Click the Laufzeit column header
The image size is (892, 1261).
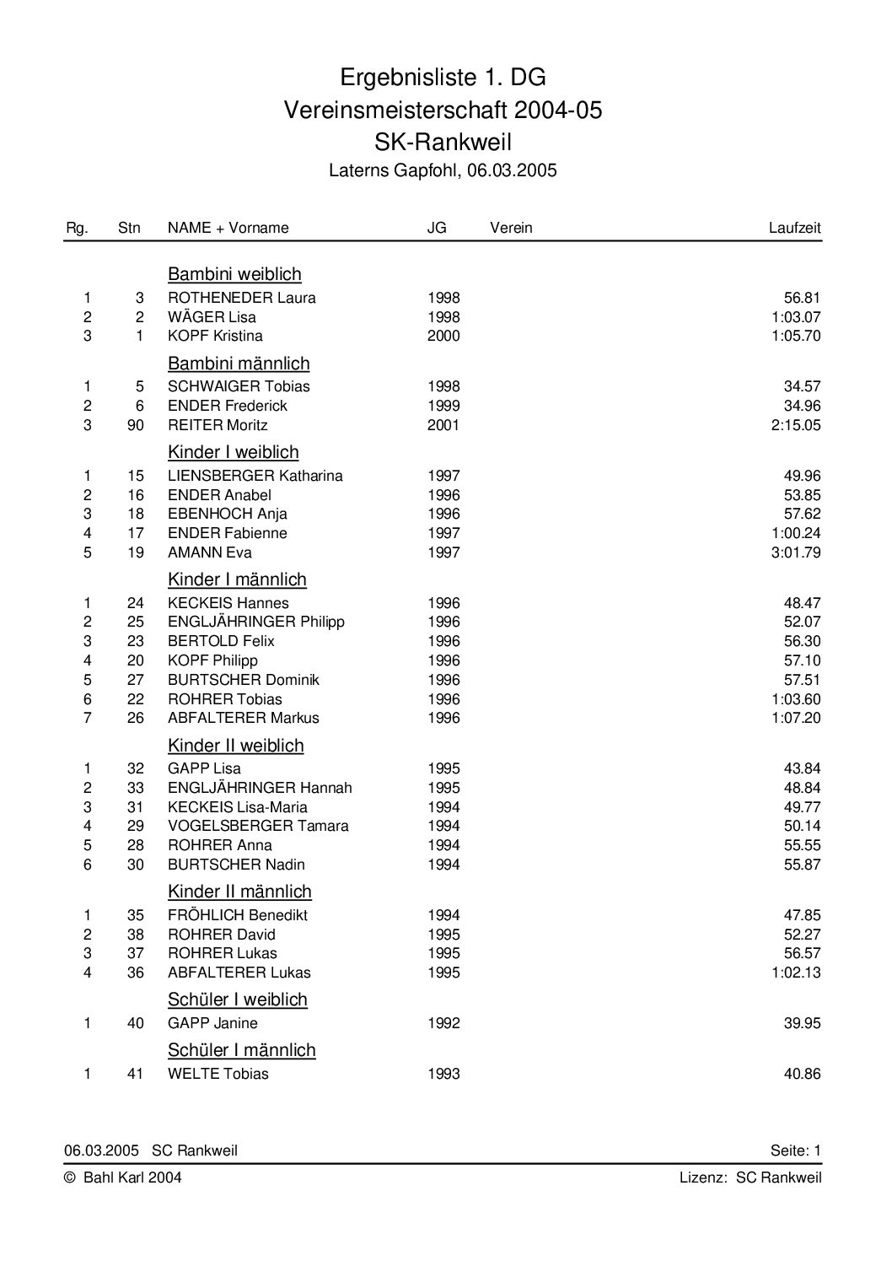[794, 228]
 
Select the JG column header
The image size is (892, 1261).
[437, 228]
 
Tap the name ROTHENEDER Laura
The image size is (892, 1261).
[242, 298]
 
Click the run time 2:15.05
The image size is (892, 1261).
[795, 425]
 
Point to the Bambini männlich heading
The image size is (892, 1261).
[239, 364]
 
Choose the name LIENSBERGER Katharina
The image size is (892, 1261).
[255, 476]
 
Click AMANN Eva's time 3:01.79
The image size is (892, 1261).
[795, 552]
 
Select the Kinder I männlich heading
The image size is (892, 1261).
[237, 579]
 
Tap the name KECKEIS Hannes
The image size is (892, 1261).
[228, 603]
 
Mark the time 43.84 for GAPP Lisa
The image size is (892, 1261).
[802, 768]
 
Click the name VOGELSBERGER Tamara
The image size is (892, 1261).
[258, 826]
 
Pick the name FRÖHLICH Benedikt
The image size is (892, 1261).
[238, 915]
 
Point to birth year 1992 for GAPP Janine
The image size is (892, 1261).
[443, 1023]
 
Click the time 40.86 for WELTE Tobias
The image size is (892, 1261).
[802, 1074]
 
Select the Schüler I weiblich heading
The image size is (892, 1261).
[238, 1000]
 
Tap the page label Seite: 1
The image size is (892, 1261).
[795, 1151]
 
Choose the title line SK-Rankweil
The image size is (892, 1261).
[443, 141]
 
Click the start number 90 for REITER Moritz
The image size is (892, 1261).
[136, 425]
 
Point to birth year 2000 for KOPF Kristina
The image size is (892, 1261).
[443, 336]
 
